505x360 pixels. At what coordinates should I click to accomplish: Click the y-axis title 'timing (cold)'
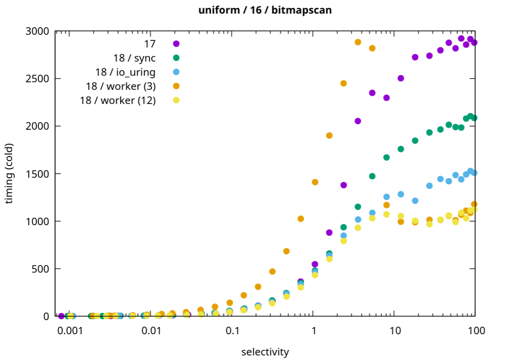[9, 174]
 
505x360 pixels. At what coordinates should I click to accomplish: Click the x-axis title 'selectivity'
[265, 351]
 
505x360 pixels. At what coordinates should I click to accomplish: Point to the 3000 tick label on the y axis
[37, 31]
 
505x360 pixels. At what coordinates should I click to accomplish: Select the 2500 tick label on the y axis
[37, 79]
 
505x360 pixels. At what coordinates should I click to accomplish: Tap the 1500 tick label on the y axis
[37, 174]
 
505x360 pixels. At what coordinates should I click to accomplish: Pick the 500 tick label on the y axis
[40, 269]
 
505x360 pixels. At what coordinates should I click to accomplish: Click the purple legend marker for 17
[176, 43]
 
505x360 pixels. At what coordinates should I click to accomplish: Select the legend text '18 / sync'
[134, 58]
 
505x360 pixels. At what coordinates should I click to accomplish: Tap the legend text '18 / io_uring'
[125, 72]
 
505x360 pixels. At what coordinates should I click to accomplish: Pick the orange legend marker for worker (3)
[176, 86]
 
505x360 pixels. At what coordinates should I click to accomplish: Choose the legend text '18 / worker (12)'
[118, 100]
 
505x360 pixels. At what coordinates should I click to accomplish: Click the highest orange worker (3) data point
[358, 42]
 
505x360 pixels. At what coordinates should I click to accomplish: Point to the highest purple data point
[461, 38]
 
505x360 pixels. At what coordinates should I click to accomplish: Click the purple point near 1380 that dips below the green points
[344, 185]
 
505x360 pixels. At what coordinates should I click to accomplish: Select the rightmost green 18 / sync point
[474, 118]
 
